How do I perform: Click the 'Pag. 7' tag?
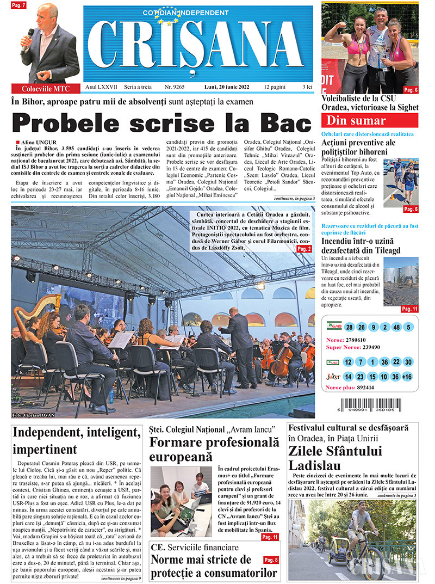18,5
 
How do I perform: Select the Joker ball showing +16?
409,376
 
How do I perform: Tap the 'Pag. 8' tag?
271,560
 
